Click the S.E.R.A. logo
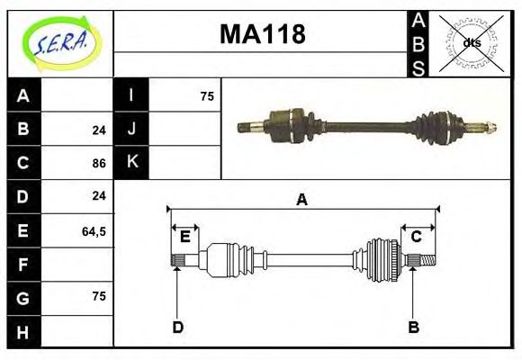pos(59,42)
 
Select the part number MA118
pos(262,34)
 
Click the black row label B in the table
pos(23,129)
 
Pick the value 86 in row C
pos(99,163)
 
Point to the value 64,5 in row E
pos(94,231)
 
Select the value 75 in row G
pos(99,296)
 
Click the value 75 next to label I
pos(207,95)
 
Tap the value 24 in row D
pos(99,195)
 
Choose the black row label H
pos(23,332)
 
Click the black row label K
pos(131,162)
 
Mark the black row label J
pos(131,129)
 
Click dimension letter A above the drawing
pos(302,200)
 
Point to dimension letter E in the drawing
pos(184,237)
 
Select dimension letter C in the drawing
pos(417,237)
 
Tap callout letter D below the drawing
pos(178,328)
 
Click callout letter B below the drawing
pos(414,328)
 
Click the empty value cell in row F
pos(77,265)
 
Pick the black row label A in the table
pos(23,95)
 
